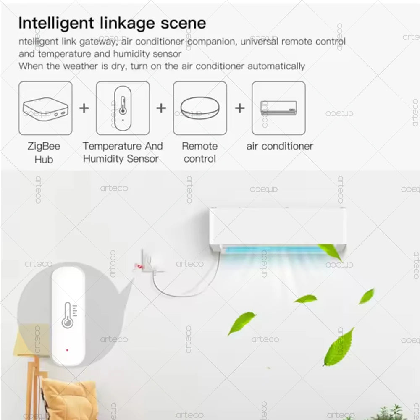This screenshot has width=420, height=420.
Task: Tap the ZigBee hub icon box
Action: (45, 108)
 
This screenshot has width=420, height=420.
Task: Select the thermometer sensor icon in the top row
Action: (123, 108)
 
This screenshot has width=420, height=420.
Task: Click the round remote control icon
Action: (200, 108)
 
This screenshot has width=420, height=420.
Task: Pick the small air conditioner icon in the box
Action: (278, 108)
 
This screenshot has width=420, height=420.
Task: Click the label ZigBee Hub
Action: (44, 152)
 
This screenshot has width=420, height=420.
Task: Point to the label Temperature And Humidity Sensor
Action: (122, 152)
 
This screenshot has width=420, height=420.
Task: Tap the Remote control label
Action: (200, 152)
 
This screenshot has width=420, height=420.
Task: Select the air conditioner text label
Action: (280, 146)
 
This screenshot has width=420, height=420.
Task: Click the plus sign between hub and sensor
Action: (84, 108)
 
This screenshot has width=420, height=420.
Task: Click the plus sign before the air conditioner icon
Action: (240, 108)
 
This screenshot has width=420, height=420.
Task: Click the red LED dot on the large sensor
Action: (67, 349)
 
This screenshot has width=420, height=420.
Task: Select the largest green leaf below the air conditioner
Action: (338, 347)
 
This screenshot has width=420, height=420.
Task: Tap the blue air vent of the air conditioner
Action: (277, 250)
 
